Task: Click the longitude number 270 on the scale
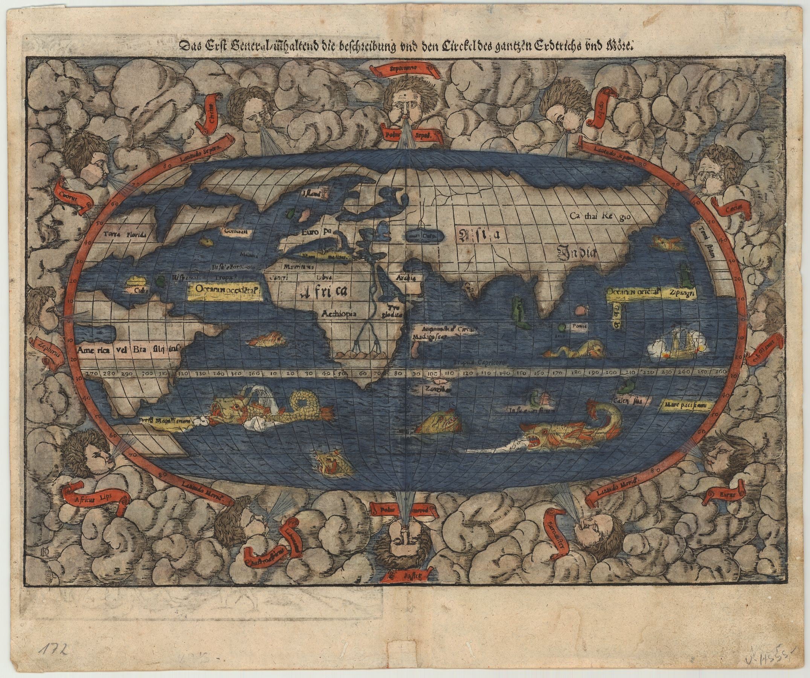click(x=92, y=374)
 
